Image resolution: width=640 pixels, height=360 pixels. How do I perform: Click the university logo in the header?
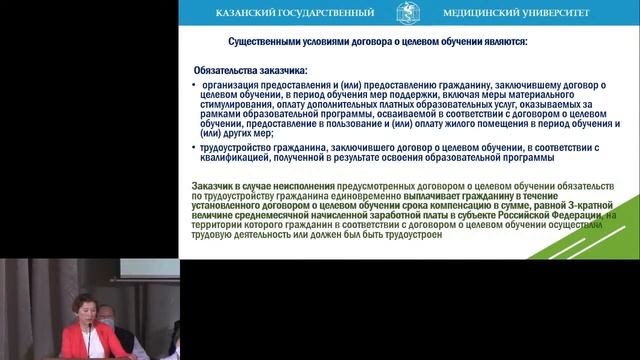pos(408,13)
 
